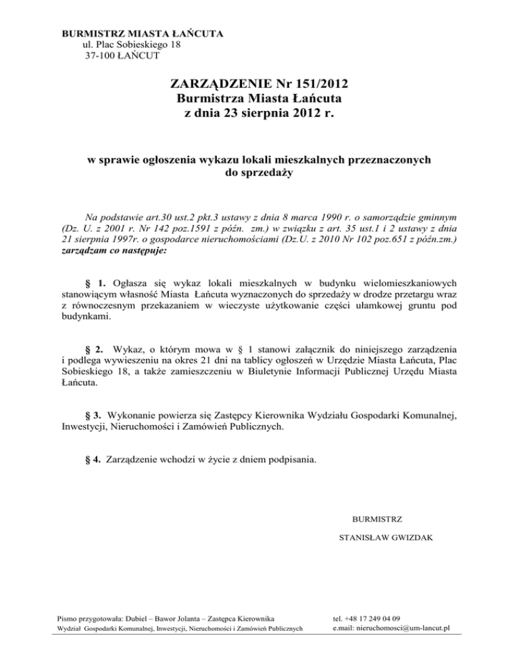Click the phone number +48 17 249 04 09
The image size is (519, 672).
[375, 618]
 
